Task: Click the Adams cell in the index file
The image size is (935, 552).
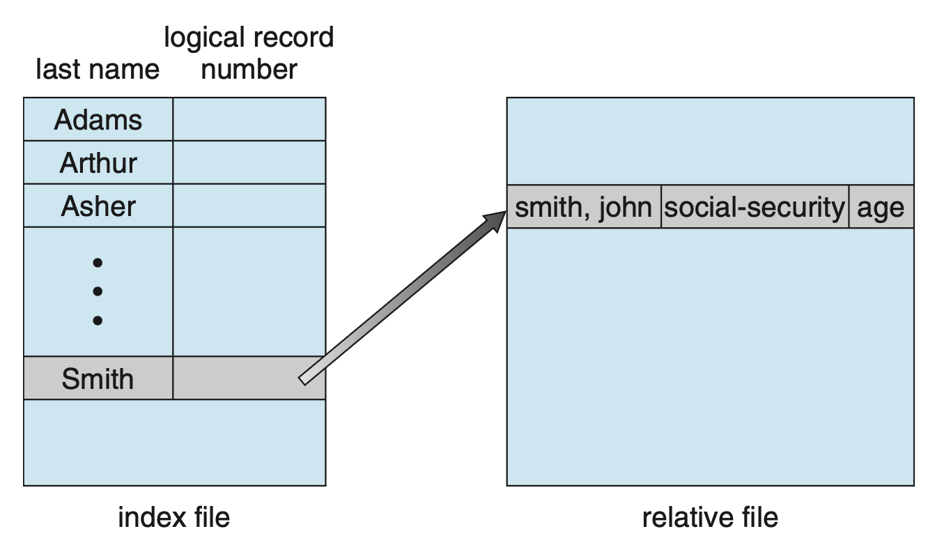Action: (x=98, y=120)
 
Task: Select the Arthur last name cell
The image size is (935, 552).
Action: (x=98, y=163)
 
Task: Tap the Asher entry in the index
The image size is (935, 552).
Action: (x=98, y=206)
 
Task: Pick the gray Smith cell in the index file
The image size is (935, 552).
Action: (x=98, y=378)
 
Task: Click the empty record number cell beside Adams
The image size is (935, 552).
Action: (x=249, y=120)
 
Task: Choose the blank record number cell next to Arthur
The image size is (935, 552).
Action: (x=249, y=163)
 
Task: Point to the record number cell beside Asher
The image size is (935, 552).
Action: (x=249, y=206)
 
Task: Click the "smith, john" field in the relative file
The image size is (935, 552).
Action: (x=584, y=207)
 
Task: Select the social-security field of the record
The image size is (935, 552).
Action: (x=755, y=207)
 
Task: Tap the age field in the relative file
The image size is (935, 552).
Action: (x=881, y=207)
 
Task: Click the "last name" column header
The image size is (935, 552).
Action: (x=98, y=70)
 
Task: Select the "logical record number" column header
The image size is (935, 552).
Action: (x=249, y=53)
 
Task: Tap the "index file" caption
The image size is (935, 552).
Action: (x=173, y=517)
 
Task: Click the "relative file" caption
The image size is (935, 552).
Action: (x=709, y=517)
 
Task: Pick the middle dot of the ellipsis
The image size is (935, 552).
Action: (x=98, y=291)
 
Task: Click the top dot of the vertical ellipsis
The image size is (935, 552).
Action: (x=98, y=263)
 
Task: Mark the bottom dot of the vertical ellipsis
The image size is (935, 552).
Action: (x=98, y=321)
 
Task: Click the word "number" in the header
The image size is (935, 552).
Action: (x=249, y=70)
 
